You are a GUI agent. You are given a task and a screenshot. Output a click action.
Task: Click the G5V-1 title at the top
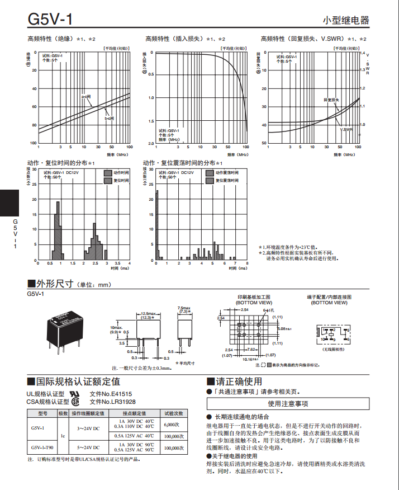50,19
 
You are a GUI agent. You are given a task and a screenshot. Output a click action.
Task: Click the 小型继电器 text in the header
346,20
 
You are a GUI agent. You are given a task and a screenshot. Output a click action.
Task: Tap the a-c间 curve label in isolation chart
87,96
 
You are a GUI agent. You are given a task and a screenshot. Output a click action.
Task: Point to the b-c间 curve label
110,118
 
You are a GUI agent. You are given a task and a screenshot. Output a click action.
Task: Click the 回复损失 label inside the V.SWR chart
332,100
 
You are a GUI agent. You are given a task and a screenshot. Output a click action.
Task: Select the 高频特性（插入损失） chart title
175,39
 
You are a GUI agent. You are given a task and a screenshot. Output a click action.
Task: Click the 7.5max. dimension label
184,308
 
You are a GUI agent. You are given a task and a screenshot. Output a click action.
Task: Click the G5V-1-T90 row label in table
43,447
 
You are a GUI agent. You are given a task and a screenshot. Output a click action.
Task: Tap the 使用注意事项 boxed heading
287,403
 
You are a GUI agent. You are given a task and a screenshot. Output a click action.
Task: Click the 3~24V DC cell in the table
88,428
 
